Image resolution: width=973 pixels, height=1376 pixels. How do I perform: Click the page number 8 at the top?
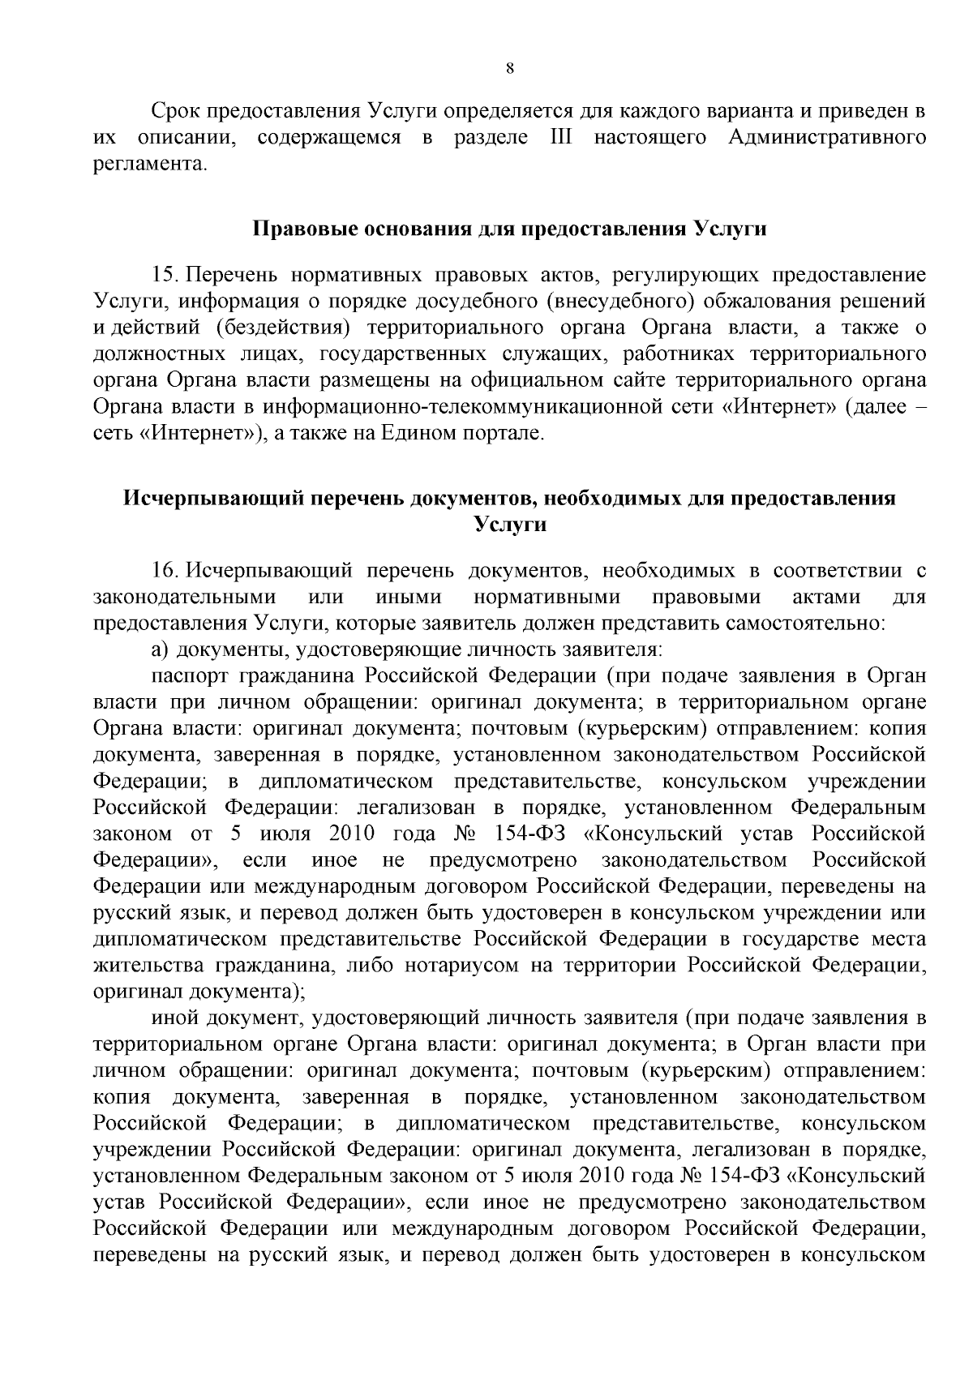(x=509, y=69)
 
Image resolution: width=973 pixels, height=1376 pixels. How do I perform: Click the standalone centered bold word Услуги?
(x=509, y=525)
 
